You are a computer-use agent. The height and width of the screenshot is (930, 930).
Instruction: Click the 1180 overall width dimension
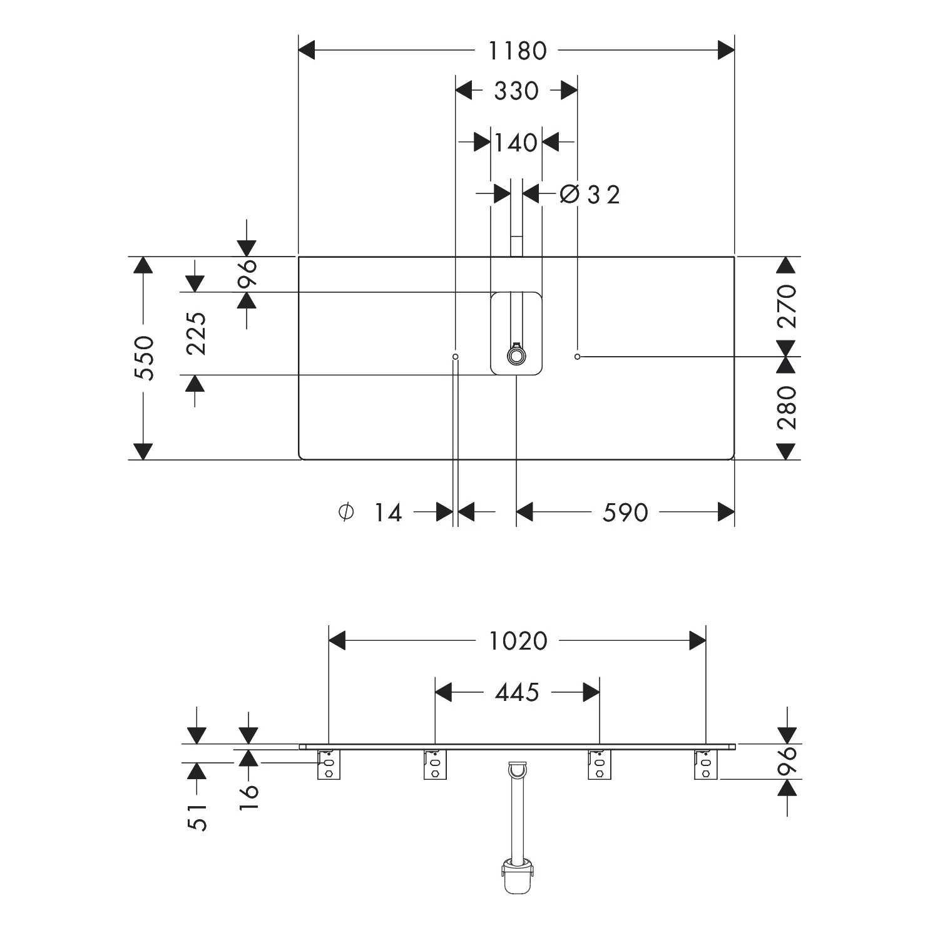(x=517, y=51)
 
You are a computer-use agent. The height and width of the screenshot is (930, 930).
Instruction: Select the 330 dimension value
(x=516, y=91)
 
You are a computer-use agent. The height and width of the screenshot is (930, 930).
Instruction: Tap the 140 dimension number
(x=516, y=143)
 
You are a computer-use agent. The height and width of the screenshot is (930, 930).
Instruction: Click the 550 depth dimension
(x=145, y=358)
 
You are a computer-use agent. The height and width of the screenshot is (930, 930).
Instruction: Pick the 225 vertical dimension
(x=197, y=334)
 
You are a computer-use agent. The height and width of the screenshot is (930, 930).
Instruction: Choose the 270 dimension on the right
(x=787, y=307)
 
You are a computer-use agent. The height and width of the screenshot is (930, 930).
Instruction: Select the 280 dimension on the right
(x=787, y=407)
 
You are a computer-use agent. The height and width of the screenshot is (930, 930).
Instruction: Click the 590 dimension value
(x=625, y=513)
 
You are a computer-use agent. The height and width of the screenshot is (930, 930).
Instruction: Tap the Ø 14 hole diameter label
(x=370, y=513)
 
